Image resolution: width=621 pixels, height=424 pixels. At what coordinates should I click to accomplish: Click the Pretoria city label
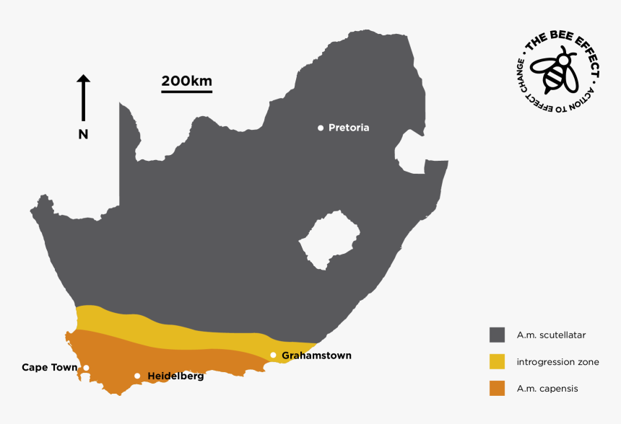[349, 128]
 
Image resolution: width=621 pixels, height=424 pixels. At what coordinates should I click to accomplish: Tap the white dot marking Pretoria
[321, 128]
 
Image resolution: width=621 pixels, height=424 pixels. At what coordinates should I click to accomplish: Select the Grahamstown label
[316, 355]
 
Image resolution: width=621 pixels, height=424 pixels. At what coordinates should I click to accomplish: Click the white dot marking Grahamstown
[273, 355]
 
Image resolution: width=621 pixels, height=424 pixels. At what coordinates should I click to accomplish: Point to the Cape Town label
[49, 368]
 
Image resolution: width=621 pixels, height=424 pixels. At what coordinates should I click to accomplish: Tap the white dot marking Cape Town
[86, 368]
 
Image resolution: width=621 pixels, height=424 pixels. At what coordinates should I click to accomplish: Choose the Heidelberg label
[175, 376]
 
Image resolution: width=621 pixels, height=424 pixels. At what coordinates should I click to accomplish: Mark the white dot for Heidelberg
[137, 376]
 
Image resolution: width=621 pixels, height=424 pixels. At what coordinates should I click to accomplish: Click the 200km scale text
[186, 81]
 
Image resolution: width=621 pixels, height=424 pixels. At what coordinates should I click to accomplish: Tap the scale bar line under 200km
[186, 92]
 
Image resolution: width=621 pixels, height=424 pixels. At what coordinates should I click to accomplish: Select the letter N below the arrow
[83, 134]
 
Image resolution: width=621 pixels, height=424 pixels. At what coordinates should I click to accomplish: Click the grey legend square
[497, 335]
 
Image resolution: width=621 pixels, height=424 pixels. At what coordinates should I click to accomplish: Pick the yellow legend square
[497, 361]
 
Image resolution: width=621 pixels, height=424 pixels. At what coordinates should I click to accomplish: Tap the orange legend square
[497, 388]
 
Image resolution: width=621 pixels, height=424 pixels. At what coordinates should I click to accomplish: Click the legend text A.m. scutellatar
[551, 335]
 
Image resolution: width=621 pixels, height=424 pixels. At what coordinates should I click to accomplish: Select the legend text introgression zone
[558, 362]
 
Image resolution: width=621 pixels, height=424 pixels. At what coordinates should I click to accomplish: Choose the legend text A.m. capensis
[547, 389]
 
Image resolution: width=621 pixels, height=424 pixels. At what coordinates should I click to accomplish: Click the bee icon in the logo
[555, 69]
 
